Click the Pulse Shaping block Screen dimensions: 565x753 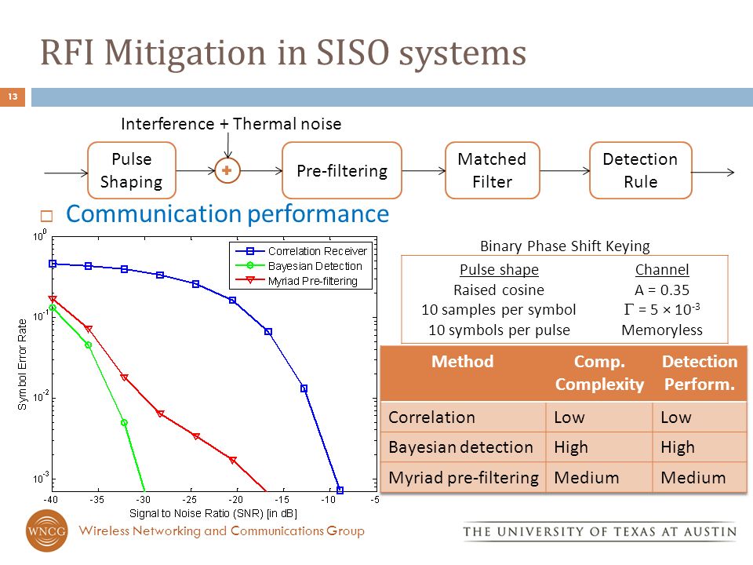click(x=132, y=170)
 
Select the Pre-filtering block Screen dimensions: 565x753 click(x=341, y=170)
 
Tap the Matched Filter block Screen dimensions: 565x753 click(x=492, y=170)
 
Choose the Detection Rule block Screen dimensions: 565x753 click(x=640, y=170)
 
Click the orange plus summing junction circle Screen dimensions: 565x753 click(x=227, y=170)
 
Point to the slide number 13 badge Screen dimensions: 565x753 click(x=13, y=97)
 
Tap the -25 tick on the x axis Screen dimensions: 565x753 click(x=189, y=499)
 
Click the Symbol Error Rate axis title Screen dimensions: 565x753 click(x=23, y=364)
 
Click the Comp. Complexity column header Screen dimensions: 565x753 click(x=598, y=373)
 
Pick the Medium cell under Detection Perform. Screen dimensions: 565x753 click(x=693, y=477)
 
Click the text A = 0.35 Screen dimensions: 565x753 click(x=661, y=289)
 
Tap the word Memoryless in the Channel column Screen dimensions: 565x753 click(x=661, y=330)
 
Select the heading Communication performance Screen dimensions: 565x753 click(x=227, y=214)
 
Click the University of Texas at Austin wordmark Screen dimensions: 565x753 click(x=600, y=532)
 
